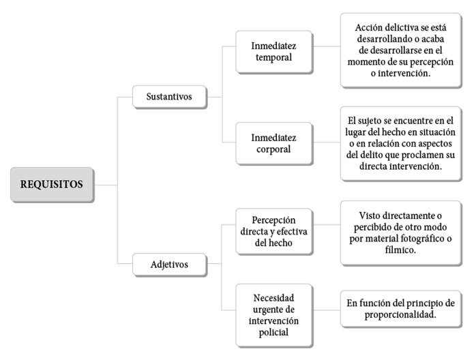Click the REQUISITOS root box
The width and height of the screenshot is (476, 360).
click(x=53, y=185)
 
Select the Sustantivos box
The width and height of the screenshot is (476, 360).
click(x=170, y=97)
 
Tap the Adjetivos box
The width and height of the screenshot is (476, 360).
click(x=170, y=265)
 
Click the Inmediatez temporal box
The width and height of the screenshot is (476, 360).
click(x=274, y=52)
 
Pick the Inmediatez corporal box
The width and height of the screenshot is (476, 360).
click(x=274, y=144)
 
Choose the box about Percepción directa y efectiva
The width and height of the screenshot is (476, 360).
click(x=274, y=231)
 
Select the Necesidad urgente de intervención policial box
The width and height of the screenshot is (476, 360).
click(x=274, y=316)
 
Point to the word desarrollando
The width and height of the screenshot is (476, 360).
click(x=385, y=39)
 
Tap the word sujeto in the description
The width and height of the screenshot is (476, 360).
click(x=370, y=121)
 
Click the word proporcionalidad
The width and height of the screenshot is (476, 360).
click(x=400, y=315)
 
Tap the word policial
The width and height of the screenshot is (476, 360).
click(x=274, y=332)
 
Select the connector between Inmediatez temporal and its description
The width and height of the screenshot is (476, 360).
click(x=327, y=46)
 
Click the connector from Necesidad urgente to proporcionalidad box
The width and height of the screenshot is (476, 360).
click(x=327, y=310)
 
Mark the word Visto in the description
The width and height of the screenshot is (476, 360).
click(x=370, y=216)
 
